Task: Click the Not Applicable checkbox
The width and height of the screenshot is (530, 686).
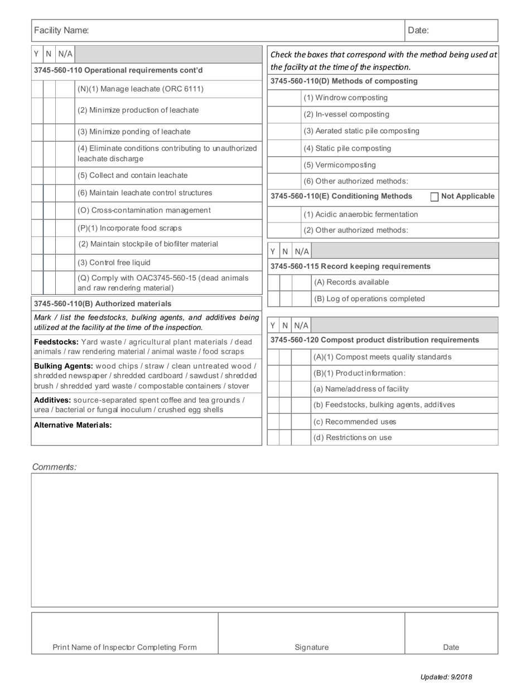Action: (x=435, y=196)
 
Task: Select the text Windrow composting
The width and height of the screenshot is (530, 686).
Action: (x=345, y=98)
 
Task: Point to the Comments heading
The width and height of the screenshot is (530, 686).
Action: (x=54, y=467)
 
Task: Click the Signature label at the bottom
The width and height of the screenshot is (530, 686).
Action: (x=311, y=647)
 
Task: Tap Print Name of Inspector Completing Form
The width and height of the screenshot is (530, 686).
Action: (x=124, y=647)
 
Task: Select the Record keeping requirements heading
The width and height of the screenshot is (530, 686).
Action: (x=350, y=266)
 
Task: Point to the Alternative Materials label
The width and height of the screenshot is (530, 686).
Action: (x=73, y=425)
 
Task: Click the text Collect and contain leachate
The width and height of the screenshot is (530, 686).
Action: (x=133, y=175)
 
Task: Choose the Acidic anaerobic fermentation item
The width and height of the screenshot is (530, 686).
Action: (x=360, y=214)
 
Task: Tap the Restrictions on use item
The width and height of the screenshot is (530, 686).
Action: (x=352, y=437)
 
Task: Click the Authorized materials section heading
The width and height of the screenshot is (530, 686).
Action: (x=103, y=303)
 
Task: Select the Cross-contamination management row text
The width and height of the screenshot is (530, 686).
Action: (x=144, y=210)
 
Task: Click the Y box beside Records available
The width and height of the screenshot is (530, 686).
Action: (x=273, y=283)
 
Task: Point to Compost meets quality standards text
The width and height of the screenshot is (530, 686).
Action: (x=382, y=357)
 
